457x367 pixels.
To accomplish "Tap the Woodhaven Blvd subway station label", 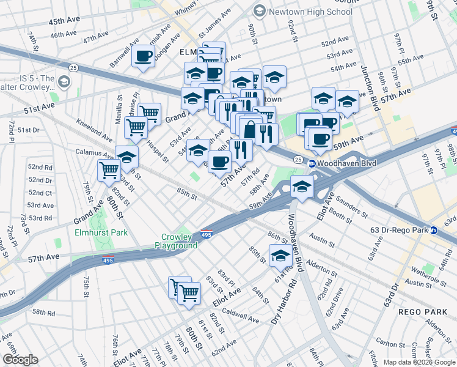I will [342, 163].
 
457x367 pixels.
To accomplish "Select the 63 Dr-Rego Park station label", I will [399, 231].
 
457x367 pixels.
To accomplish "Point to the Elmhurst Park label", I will [101, 232].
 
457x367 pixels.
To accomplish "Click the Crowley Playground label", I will [180, 241].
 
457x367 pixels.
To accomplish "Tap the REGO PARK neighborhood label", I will [419, 311].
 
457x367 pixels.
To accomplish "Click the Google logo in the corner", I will [20, 360].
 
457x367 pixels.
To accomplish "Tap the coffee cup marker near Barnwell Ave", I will [144, 56].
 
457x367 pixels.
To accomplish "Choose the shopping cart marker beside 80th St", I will [109, 170].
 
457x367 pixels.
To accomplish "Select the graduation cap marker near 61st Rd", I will [280, 256].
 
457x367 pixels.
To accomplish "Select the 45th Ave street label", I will [65, 21].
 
